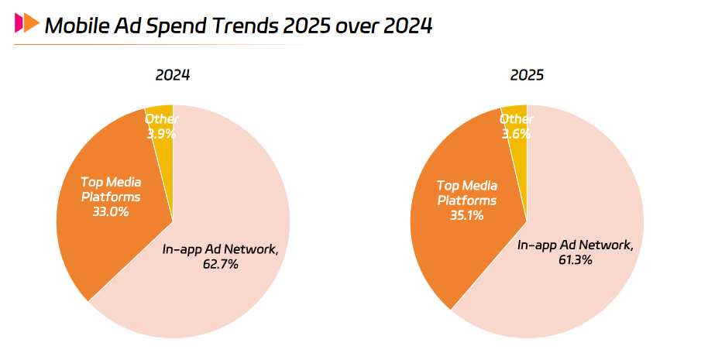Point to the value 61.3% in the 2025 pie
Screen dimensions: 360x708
pyautogui.click(x=576, y=260)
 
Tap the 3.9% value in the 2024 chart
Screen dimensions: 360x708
pyautogui.click(x=161, y=133)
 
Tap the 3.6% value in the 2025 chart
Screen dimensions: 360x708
pyautogui.click(x=516, y=133)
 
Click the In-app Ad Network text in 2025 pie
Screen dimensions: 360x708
pyautogui.click(x=576, y=245)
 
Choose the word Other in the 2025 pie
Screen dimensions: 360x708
pyautogui.click(x=516, y=119)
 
